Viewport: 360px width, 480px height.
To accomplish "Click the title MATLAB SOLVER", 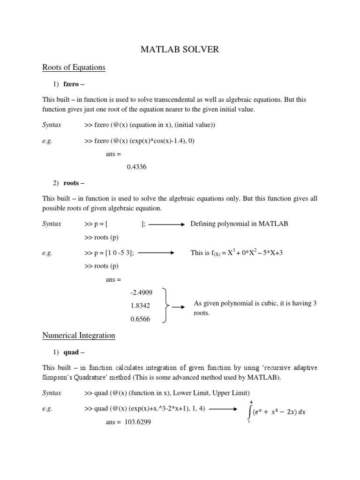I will click(180, 49).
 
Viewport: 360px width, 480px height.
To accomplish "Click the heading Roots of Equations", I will click(74, 67).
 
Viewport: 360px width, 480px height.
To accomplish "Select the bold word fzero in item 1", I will click(73, 85).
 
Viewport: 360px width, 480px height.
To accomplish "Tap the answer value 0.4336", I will click(136, 166).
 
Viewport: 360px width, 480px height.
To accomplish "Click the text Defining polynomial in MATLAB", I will click(239, 224).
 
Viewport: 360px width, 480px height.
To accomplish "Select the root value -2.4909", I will click(142, 293).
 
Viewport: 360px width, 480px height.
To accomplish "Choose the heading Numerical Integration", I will click(79, 336).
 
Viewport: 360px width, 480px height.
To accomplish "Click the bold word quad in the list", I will click(71, 352).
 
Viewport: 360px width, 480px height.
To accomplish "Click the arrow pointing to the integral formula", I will click(223, 408).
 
